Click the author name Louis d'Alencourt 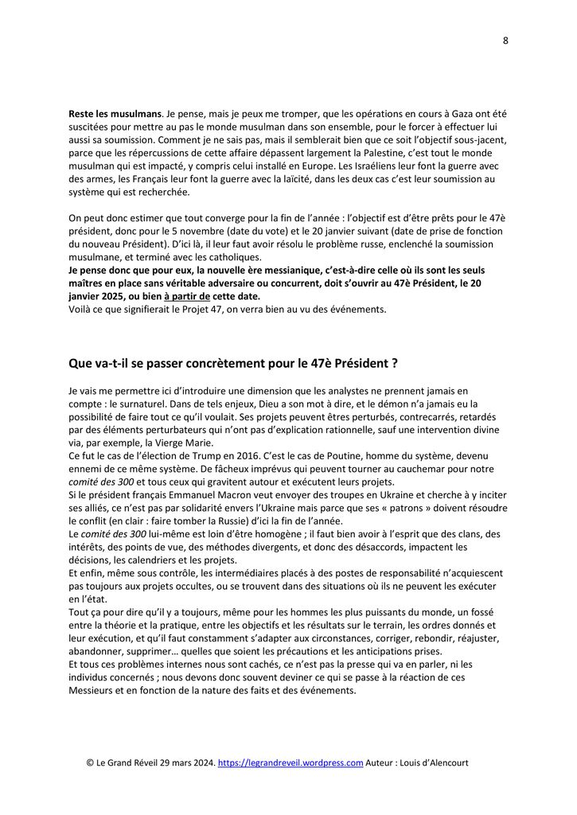pyautogui.click(x=431, y=762)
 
